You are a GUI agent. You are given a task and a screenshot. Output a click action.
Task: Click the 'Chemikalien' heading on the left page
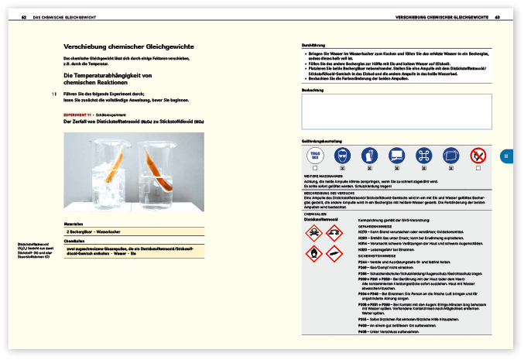point(74,240)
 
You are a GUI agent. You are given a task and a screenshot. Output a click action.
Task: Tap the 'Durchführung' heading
point(312,46)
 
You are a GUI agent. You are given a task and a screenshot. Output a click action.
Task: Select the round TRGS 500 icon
point(314,156)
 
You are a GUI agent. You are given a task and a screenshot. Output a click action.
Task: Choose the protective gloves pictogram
point(370,156)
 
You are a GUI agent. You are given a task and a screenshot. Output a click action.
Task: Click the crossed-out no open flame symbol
point(478,156)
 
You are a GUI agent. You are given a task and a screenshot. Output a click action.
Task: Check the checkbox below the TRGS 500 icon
point(314,168)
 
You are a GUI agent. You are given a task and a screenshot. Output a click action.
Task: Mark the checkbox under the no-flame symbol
point(478,168)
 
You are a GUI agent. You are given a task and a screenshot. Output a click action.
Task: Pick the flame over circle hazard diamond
point(313,252)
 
